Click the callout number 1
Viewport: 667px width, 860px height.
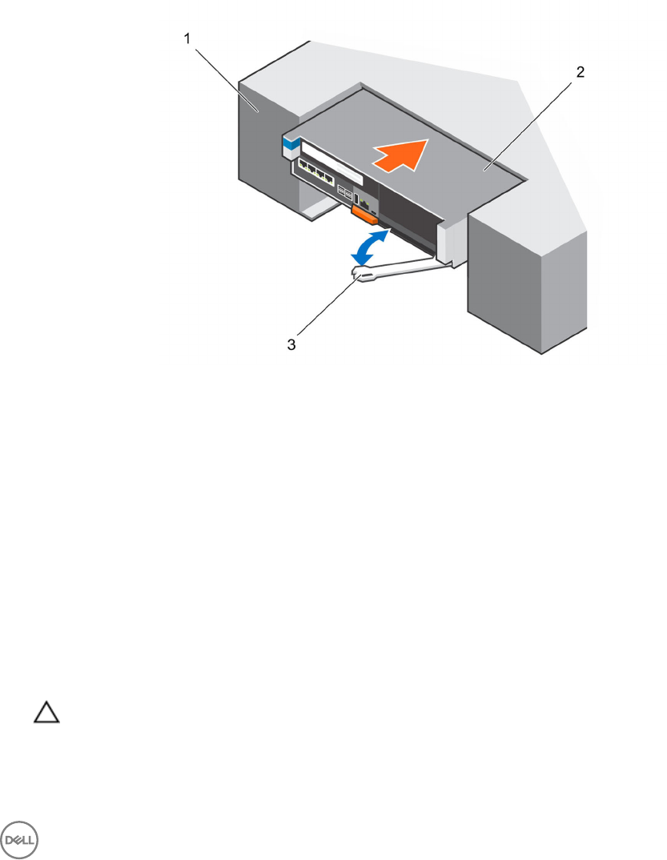coord(188,38)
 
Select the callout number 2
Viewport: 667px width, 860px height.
coord(581,71)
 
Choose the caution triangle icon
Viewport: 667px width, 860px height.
coord(46,713)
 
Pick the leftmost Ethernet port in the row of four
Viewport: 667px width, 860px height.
coord(305,167)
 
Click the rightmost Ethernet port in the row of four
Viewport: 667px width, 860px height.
coord(341,180)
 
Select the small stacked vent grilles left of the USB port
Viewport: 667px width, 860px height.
coord(344,193)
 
